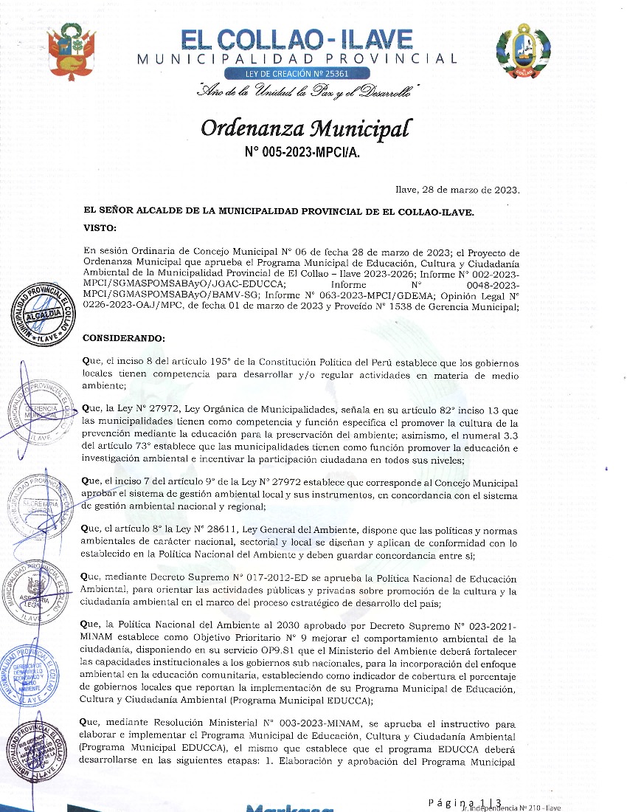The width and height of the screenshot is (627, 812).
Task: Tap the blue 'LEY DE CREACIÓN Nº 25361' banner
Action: tap(297, 74)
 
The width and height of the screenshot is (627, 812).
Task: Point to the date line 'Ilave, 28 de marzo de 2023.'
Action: tap(458, 190)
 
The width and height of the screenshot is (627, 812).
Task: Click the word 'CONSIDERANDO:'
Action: tap(125, 339)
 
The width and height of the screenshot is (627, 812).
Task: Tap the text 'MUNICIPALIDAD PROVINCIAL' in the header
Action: tap(297, 58)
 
